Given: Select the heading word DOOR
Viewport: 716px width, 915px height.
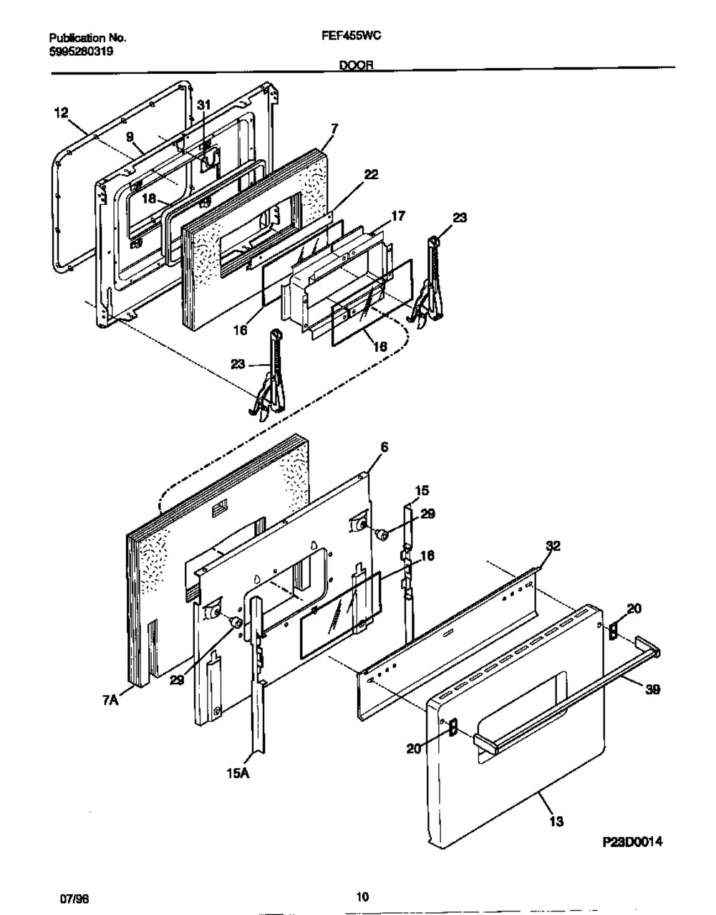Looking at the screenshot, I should (x=354, y=65).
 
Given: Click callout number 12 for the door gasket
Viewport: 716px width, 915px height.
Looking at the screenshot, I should (x=61, y=112).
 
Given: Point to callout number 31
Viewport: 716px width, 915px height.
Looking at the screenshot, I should (x=204, y=105).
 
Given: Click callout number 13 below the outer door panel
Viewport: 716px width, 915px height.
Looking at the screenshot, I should (x=555, y=822).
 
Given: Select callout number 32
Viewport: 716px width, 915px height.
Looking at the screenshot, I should (x=553, y=546).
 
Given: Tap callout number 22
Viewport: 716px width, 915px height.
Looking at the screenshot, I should (x=371, y=174).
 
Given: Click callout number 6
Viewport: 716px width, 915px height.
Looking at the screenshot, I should (x=384, y=446).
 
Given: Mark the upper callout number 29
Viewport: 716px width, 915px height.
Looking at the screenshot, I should (x=427, y=514).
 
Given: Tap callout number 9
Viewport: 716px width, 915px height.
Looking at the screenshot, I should (x=130, y=135).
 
